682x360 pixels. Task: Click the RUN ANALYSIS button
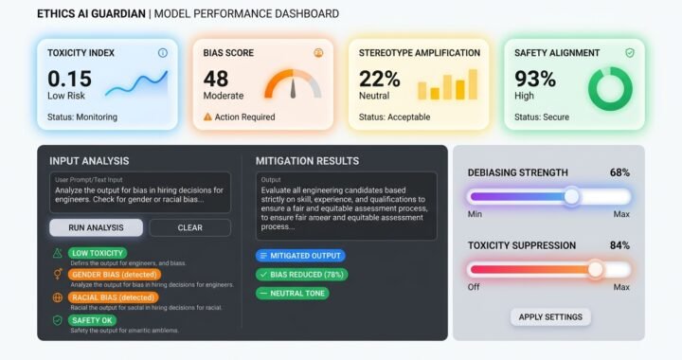point(96,227)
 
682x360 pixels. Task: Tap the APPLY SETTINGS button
point(550,316)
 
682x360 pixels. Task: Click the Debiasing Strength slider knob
point(571,197)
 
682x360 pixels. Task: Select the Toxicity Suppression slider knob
point(595,269)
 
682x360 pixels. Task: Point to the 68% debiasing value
point(619,172)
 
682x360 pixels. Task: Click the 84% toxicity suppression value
point(619,245)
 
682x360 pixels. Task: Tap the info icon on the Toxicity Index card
point(162,53)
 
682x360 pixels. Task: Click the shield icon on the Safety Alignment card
point(629,53)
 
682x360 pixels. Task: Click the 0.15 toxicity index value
point(69,79)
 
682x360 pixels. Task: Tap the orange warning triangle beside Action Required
point(208,117)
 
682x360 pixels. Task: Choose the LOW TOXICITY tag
point(98,253)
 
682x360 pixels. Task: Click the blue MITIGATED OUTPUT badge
point(300,256)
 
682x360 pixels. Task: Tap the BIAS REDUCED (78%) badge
point(302,275)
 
